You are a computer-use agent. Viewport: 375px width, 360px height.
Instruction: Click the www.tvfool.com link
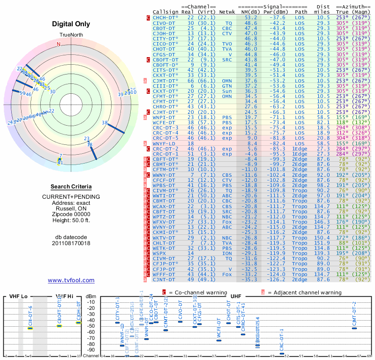click(71, 280)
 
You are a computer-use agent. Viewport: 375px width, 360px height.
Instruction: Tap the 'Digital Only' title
click(71, 24)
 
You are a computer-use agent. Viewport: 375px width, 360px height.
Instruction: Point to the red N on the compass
click(59, 44)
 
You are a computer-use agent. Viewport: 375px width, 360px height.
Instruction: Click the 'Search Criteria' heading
click(71, 187)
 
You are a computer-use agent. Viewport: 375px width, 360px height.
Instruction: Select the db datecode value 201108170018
click(71, 243)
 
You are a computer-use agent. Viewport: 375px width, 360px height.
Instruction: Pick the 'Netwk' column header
click(227, 11)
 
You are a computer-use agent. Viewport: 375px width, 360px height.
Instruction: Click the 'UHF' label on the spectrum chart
click(236, 297)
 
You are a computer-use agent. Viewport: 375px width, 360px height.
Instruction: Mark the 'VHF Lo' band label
click(17, 297)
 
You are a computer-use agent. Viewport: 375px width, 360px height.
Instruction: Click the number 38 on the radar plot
click(105, 123)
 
